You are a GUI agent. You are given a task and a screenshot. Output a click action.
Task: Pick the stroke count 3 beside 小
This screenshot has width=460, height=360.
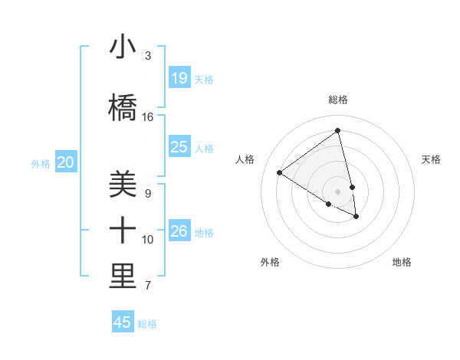coord(148,56)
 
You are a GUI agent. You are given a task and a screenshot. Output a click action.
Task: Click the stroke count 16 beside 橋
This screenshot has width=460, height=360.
coord(148,117)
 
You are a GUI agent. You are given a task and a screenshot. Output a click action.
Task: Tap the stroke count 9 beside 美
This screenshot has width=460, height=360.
coord(148,194)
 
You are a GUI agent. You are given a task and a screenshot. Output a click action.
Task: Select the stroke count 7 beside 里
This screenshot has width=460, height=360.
coord(148,286)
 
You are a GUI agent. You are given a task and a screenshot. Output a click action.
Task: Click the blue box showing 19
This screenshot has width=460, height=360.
coord(179,77)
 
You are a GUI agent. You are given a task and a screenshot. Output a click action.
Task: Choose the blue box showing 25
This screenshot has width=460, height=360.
coord(179,147)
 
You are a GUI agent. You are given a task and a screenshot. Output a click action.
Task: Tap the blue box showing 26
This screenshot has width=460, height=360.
coord(179,231)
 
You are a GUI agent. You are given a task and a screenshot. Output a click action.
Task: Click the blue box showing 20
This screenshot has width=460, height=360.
coord(66,162)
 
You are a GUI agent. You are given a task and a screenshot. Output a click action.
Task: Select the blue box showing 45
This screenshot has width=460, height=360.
coord(123,322)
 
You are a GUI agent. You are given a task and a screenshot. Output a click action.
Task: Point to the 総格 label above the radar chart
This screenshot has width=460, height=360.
coord(338,100)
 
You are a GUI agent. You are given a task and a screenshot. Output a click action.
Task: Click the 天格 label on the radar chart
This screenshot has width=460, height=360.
coord(431,159)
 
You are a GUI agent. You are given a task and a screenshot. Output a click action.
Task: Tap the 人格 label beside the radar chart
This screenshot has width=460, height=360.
coord(245,159)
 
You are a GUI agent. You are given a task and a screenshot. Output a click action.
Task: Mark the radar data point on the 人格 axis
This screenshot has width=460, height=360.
coord(279,172)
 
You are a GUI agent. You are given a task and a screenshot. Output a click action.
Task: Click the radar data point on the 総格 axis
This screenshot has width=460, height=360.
coord(338,131)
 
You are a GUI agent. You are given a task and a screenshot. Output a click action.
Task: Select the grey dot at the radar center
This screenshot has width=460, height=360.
coord(338,191)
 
